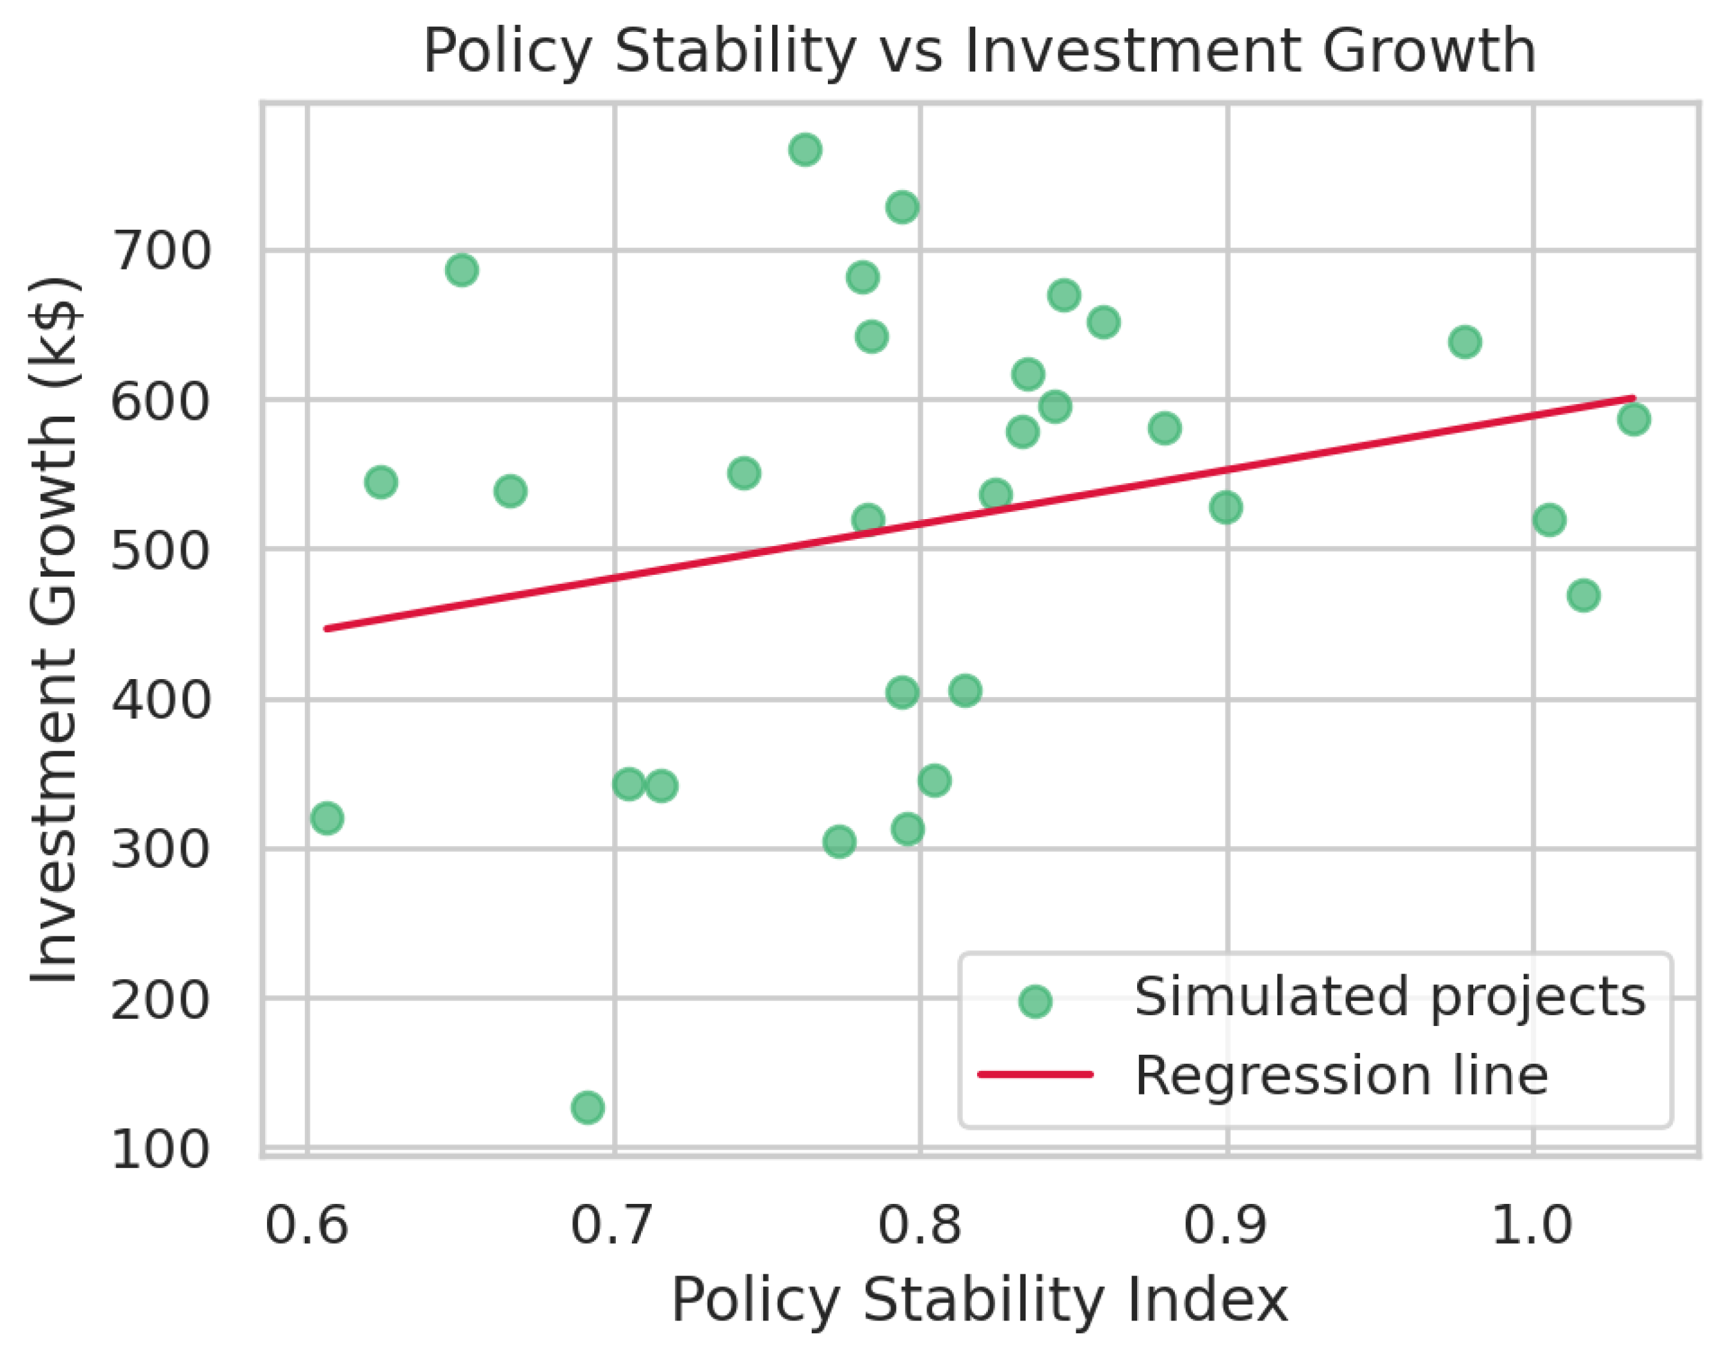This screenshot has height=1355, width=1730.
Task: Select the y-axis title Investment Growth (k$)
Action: click(x=54, y=630)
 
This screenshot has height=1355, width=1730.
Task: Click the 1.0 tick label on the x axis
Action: click(x=1532, y=1223)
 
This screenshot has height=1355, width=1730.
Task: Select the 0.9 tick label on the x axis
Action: click(x=1226, y=1223)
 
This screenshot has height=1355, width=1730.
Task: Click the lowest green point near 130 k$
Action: click(x=587, y=1107)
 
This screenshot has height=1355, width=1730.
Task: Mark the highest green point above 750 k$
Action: click(x=805, y=149)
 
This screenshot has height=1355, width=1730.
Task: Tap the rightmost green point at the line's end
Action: click(x=1633, y=419)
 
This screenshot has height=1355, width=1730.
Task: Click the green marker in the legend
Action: click(x=1035, y=1000)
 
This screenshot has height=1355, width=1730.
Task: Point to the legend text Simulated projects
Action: click(x=1389, y=997)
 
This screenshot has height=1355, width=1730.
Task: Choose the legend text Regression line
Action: click(x=1341, y=1076)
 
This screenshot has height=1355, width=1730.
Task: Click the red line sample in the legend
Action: click(x=1035, y=1075)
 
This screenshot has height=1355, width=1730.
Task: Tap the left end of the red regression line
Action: click(x=327, y=629)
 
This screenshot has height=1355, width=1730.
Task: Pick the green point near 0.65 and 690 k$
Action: click(x=462, y=269)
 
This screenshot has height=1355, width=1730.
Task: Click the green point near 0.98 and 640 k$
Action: click(x=1465, y=342)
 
